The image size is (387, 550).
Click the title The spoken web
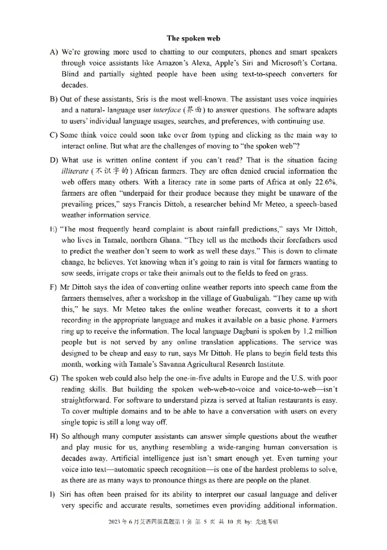tap(193, 38)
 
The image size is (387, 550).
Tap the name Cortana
tap(320, 63)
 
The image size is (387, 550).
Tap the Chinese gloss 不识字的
tap(111, 171)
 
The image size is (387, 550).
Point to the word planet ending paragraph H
tap(299, 481)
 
